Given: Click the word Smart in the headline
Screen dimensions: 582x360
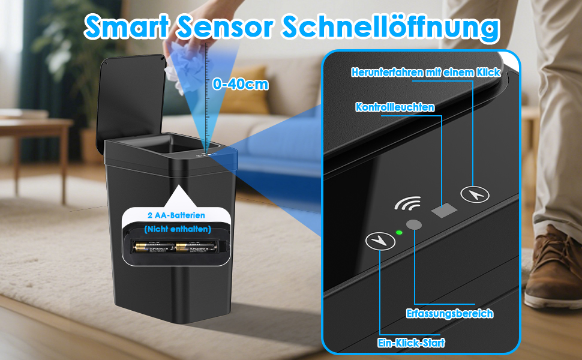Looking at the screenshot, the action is pos(126,27).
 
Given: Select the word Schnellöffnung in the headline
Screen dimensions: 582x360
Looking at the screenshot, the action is pos(391,27).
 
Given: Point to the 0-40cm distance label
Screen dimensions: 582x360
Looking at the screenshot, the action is pos(241,85).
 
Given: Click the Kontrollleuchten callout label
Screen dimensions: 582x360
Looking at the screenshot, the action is pos(395,107).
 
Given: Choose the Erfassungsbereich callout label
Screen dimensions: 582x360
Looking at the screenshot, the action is pos(450,314).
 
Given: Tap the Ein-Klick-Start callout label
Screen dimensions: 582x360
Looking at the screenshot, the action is pos(411,343).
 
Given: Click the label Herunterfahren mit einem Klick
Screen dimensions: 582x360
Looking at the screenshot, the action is pos(426,72).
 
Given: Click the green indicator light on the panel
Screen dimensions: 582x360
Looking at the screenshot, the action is pos(400,233).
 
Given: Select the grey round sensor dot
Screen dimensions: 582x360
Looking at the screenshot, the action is pos(414,224).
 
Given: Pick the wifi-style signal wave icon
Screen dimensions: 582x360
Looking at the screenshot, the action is pos(407,203).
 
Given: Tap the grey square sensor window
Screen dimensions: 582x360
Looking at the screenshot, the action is pos(444,211).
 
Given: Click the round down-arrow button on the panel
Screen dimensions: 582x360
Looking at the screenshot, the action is pos(380,241).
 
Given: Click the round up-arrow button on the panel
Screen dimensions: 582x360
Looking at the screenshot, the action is pos(475,194).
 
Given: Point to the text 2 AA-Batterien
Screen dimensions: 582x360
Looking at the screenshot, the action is pos(176,215).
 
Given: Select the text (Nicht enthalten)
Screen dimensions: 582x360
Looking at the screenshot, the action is pos(178,229).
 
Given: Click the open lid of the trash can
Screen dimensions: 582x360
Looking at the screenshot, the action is pos(131,103).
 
